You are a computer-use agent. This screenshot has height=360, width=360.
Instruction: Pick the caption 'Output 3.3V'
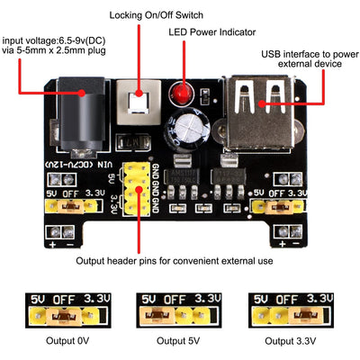[292, 342]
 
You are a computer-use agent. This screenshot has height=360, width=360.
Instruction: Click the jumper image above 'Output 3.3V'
[292, 310]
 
